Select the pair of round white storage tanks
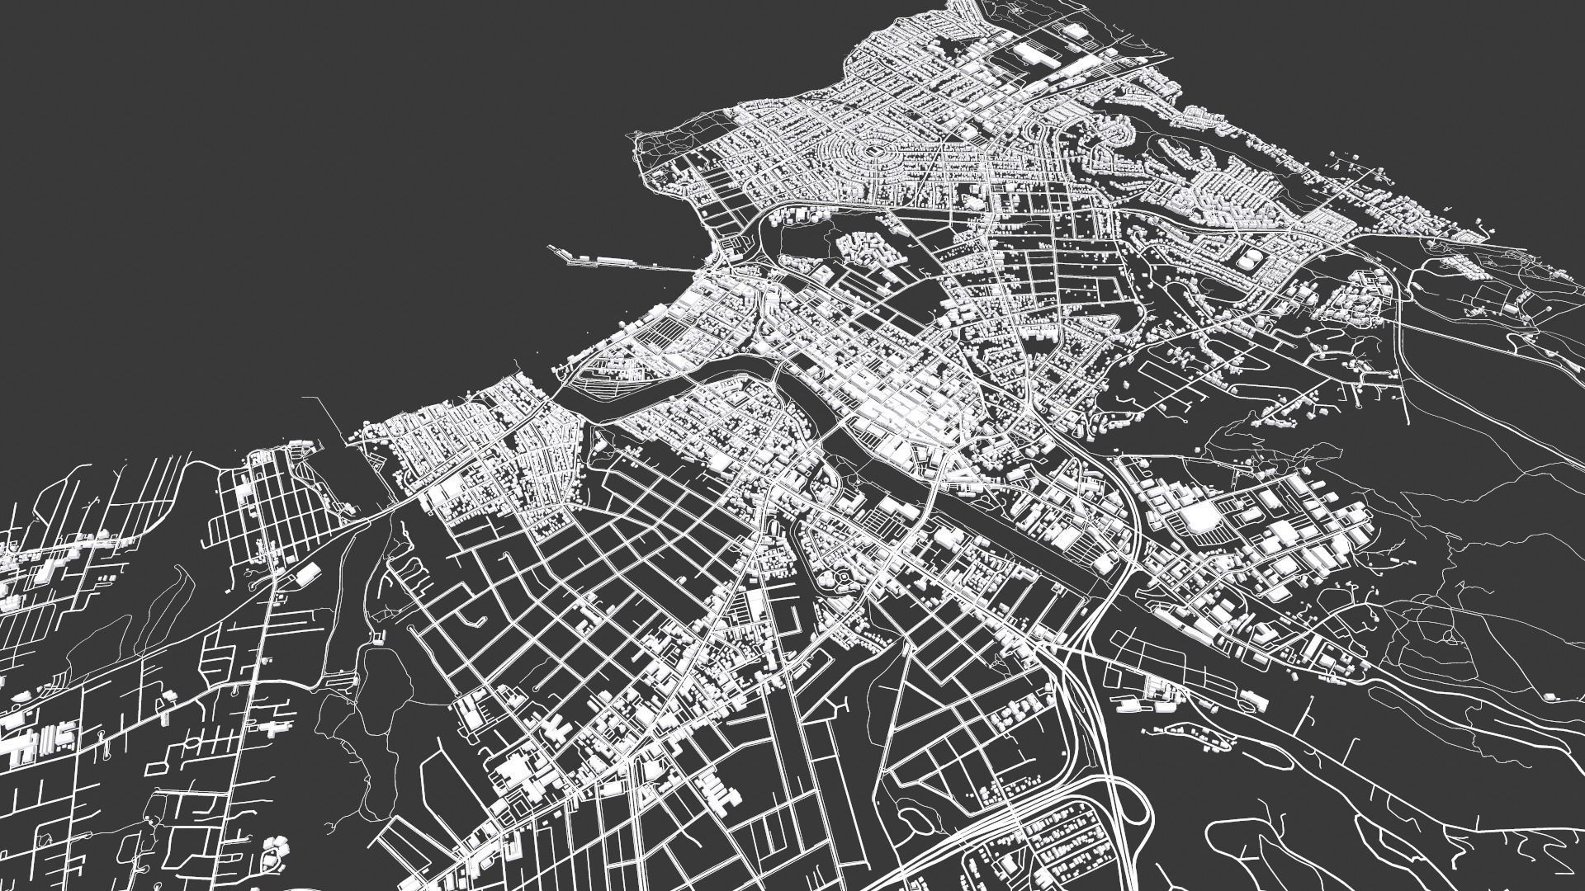[x=1248, y=259]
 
